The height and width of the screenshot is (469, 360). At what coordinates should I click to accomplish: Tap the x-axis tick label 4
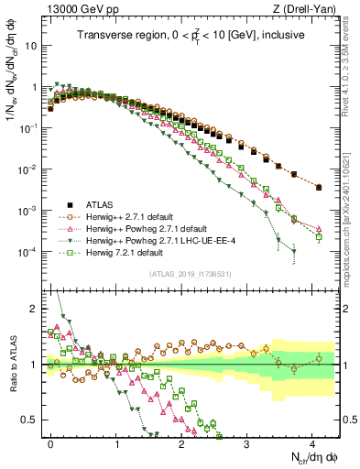(x=311, y=442)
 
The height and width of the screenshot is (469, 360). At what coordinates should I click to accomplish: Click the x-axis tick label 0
(x=51, y=442)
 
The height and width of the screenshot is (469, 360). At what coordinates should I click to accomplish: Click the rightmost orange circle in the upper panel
(x=318, y=187)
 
